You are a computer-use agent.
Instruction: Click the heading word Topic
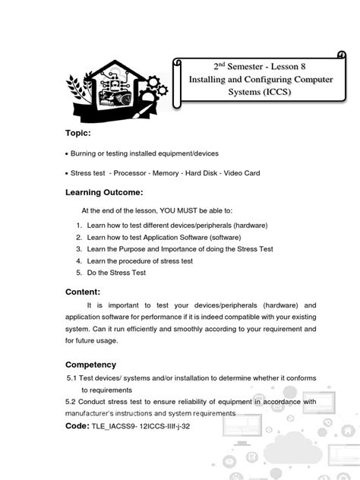[78, 133]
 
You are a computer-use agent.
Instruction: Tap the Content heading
[83, 291]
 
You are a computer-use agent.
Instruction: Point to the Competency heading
[91, 364]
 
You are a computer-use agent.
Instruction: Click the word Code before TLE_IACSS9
[77, 427]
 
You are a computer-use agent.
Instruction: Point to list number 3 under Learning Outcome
[79, 249]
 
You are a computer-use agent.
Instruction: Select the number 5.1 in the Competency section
[74, 377]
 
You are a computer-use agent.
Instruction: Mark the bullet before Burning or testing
[67, 154]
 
